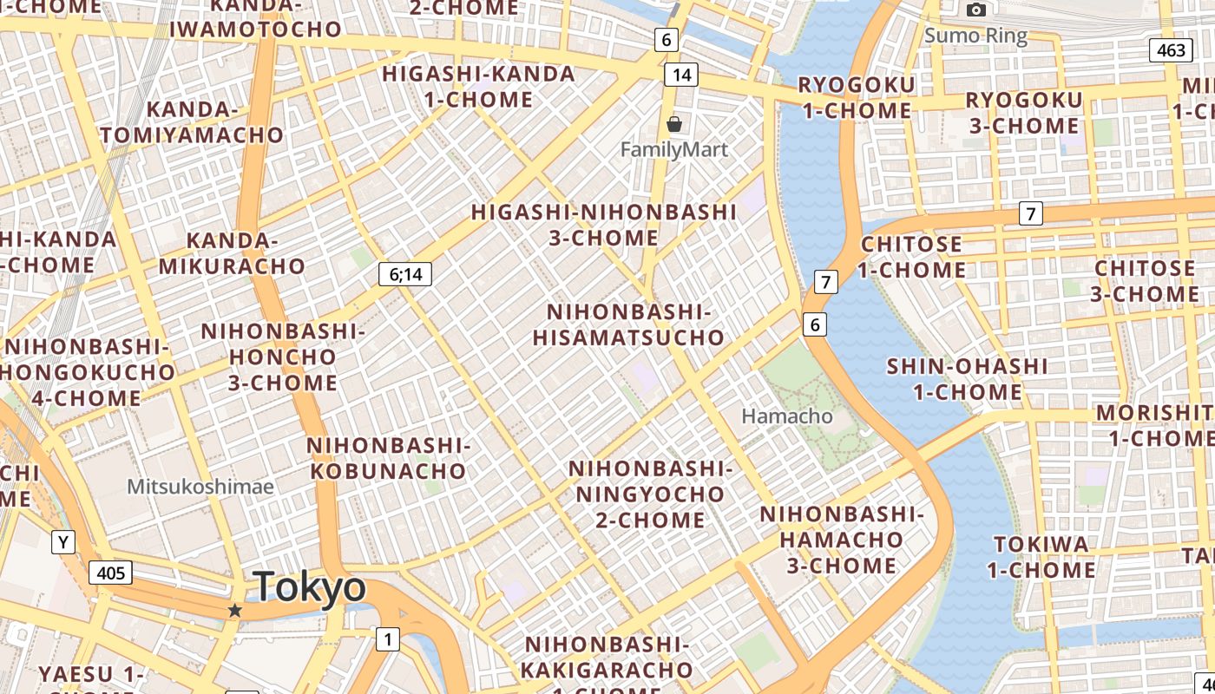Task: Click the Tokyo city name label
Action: [309, 588]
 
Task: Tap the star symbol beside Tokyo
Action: [234, 611]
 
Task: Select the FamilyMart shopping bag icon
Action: [674, 125]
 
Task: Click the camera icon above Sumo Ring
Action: [976, 10]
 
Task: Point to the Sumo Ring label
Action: [975, 36]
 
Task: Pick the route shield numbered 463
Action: [1171, 50]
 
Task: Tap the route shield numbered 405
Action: [110, 573]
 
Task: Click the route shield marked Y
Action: [62, 543]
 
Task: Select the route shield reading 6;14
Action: [405, 275]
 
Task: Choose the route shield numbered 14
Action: [681, 75]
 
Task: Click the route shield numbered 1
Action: [387, 640]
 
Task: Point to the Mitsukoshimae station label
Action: [200, 487]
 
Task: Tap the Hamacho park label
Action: [787, 416]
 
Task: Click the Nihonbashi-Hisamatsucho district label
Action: [628, 324]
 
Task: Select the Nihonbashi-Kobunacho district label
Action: [387, 458]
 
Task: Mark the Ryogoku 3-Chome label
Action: [1024, 113]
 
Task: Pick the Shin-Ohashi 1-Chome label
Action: [967, 379]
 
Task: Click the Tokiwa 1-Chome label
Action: [1041, 557]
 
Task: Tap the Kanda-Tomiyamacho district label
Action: [192, 122]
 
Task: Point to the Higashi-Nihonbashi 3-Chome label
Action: [603, 225]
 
